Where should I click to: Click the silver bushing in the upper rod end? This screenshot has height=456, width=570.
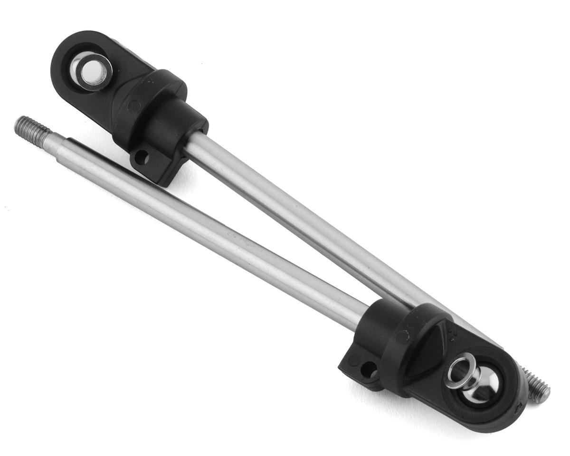(x=91, y=71)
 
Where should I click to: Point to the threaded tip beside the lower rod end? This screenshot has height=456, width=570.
(x=538, y=387)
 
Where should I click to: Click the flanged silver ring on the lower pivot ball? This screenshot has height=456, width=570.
(x=461, y=370)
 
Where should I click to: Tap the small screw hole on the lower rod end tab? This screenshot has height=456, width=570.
(x=369, y=369)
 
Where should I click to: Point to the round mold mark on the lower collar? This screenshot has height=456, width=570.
(x=402, y=337)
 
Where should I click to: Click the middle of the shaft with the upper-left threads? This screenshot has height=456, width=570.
(x=204, y=228)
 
